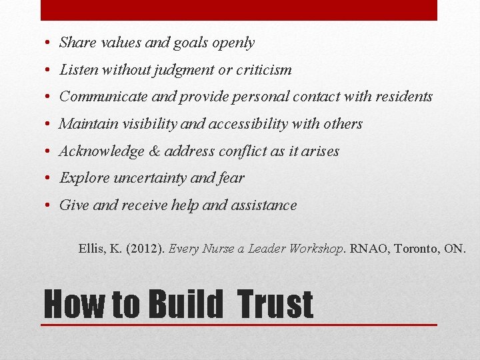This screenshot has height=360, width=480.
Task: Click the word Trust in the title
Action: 274,304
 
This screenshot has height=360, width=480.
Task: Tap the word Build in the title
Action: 186,304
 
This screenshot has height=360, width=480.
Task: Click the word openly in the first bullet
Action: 233,43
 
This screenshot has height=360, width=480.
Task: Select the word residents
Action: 403,97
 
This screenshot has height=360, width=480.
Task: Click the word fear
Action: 231,178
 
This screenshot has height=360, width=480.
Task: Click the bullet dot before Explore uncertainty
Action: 50,179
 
